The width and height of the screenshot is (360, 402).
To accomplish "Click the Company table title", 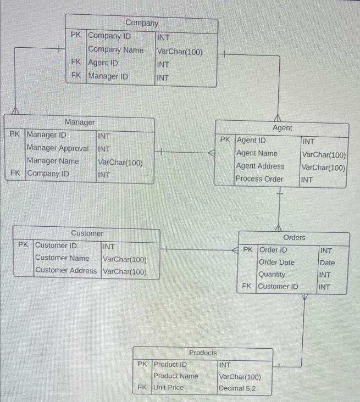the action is pyautogui.click(x=142, y=23).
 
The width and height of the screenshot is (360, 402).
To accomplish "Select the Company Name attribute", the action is pyautogui.click(x=115, y=49).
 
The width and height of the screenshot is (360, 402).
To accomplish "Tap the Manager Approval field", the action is pyautogui.click(x=58, y=148).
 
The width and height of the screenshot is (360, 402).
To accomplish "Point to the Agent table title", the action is pyautogui.click(x=283, y=127).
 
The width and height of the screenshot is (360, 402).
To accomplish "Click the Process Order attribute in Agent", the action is pyautogui.click(x=259, y=178).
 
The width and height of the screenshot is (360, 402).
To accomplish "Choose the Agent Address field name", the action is pyautogui.click(x=260, y=166).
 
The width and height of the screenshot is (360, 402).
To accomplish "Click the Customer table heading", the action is pyautogui.click(x=87, y=233).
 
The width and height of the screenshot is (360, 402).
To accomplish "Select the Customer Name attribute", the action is pyautogui.click(x=62, y=258).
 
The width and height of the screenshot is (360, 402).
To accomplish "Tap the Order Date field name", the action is pyautogui.click(x=276, y=262).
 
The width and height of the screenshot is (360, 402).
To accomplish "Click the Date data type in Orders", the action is pyautogui.click(x=327, y=263).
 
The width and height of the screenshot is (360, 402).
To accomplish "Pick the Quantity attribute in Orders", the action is pyautogui.click(x=272, y=275).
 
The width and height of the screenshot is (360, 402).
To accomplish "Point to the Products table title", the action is pyautogui.click(x=203, y=353).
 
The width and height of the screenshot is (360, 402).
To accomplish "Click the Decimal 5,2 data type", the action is pyautogui.click(x=237, y=388).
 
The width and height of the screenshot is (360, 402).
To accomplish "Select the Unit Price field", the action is pyautogui.click(x=168, y=387).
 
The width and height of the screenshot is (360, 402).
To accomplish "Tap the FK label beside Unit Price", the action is pyautogui.click(x=142, y=387).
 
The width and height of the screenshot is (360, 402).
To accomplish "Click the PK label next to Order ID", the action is pyautogui.click(x=248, y=249).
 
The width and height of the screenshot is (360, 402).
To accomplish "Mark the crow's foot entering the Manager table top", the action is pyautogui.click(x=15, y=110).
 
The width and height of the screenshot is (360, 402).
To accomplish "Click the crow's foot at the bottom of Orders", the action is pyautogui.click(x=304, y=297).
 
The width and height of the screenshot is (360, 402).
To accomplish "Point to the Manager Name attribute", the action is pyautogui.click(x=53, y=161).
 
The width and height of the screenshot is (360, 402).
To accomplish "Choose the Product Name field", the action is pyautogui.click(x=176, y=376).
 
